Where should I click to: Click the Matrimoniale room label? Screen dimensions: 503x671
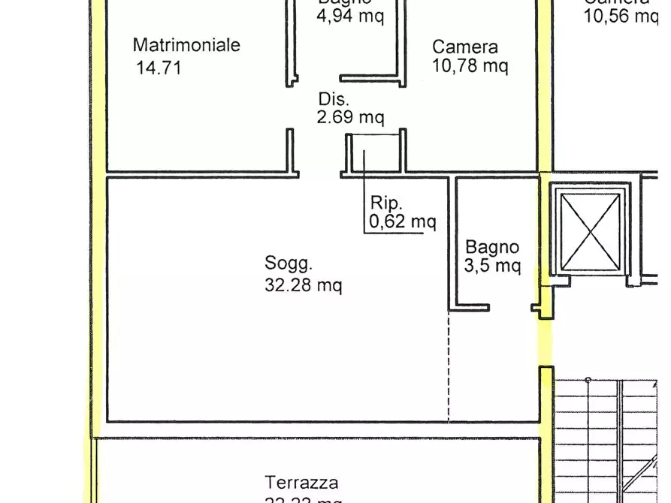186,45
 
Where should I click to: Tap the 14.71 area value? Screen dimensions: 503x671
159,68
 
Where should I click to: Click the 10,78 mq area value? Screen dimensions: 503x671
470,66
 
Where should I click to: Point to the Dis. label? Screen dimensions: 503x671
334,99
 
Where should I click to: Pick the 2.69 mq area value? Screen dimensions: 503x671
351,117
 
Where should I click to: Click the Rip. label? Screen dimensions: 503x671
387,203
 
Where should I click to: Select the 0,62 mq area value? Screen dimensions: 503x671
402,221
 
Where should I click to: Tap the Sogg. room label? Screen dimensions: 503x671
288,264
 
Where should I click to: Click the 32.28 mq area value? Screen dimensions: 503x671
303,285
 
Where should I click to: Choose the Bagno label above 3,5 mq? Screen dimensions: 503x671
492,247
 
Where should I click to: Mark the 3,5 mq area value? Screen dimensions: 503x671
492,266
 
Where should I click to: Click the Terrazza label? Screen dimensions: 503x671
301,483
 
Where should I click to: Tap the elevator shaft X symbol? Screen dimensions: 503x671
592,231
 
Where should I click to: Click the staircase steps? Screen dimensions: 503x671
609,435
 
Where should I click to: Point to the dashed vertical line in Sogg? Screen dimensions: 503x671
449,368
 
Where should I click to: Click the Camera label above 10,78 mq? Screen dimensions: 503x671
464,47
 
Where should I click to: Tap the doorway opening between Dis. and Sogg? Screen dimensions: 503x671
320,176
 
